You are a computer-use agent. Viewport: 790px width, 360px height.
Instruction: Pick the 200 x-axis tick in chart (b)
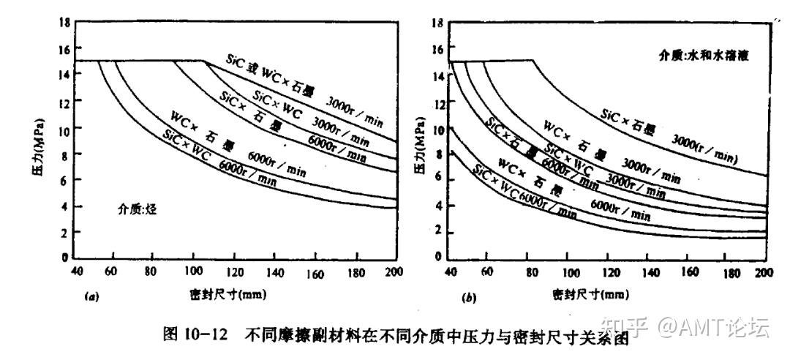(x=764, y=273)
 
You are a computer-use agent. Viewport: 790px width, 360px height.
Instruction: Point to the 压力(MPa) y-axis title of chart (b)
(x=420, y=143)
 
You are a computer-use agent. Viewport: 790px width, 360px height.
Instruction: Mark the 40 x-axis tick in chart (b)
(x=451, y=273)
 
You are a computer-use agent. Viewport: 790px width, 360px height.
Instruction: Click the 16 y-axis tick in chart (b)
(x=439, y=50)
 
